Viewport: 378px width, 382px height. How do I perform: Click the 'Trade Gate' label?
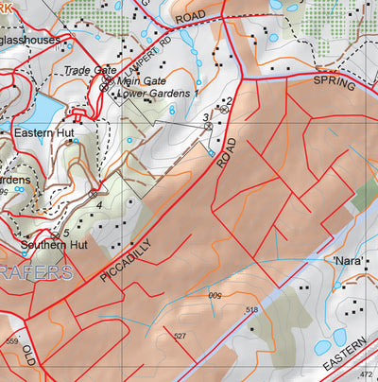coord(92,71)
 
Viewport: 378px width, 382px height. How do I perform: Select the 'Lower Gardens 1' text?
coord(157,94)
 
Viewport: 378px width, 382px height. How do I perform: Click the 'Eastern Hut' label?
coord(39,134)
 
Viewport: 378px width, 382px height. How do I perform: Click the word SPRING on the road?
coord(335,85)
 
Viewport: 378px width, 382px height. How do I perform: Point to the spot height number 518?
coord(251,310)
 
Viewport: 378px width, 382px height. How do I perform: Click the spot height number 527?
coord(180,336)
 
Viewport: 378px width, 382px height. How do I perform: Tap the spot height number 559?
coord(11,342)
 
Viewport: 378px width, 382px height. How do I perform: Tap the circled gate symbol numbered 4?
coord(93,193)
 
